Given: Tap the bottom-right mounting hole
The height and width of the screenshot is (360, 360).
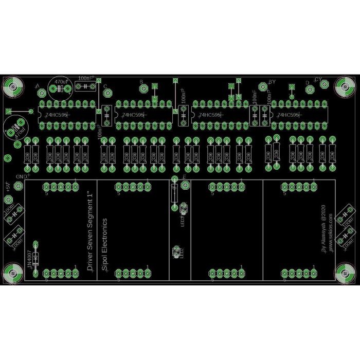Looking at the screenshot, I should point(344,273).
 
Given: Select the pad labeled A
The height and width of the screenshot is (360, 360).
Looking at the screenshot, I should point(42,93).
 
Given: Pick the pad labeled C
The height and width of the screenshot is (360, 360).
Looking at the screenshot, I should point(108,93).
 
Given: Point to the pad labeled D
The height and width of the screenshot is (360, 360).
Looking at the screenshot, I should point(310,89).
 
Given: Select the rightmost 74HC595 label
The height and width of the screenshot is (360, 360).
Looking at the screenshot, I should point(287,116).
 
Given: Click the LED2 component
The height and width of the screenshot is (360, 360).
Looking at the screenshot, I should point(176,253).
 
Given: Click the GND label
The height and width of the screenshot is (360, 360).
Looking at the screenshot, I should point(22,176).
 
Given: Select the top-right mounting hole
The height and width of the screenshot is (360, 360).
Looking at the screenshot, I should point(344,87).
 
